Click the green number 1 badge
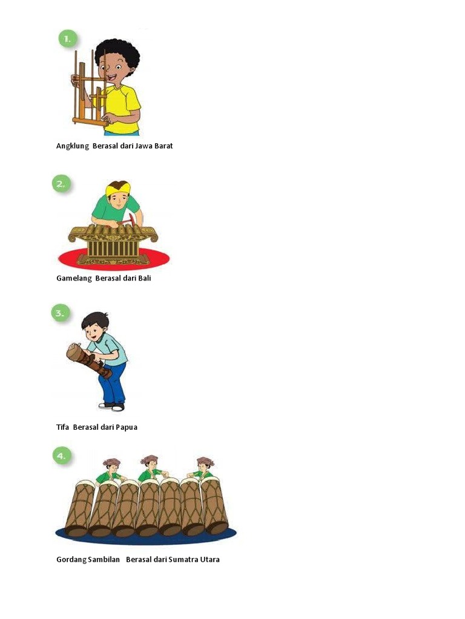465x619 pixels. [68, 39]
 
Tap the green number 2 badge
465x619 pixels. [61, 184]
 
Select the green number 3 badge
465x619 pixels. [61, 313]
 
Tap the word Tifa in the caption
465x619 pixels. [63, 427]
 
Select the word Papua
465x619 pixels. [127, 427]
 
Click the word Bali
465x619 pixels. [144, 278]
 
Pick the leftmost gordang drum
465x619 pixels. [79, 508]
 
